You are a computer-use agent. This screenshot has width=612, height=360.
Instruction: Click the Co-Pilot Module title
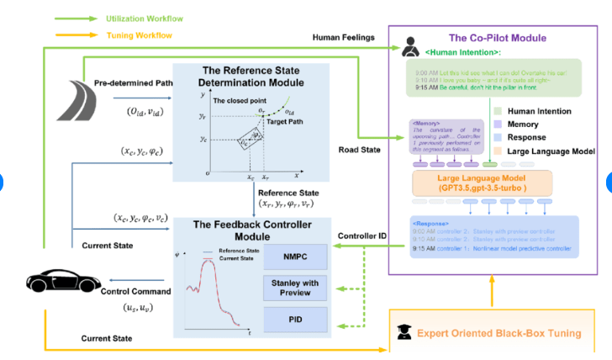point(497,38)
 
